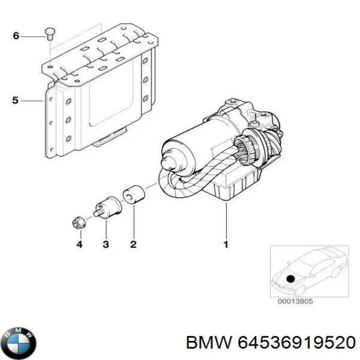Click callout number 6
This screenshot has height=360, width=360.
pyautogui.click(x=15, y=36)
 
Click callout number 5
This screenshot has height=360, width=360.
pyautogui.click(x=15, y=101)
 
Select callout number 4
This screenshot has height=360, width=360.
pyautogui.click(x=79, y=245)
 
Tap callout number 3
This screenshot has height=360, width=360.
pyautogui.click(x=105, y=245)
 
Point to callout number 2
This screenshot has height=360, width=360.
pyautogui.click(x=133, y=245)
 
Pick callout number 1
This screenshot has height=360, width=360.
pyautogui.click(x=225, y=245)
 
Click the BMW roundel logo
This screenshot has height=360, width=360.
pyautogui.click(x=20, y=341)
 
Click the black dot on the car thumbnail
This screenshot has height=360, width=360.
pyautogui.click(x=291, y=279)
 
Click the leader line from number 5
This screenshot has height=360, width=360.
pyautogui.click(x=32, y=101)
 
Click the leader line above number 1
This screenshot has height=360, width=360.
pyautogui.click(x=225, y=221)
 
